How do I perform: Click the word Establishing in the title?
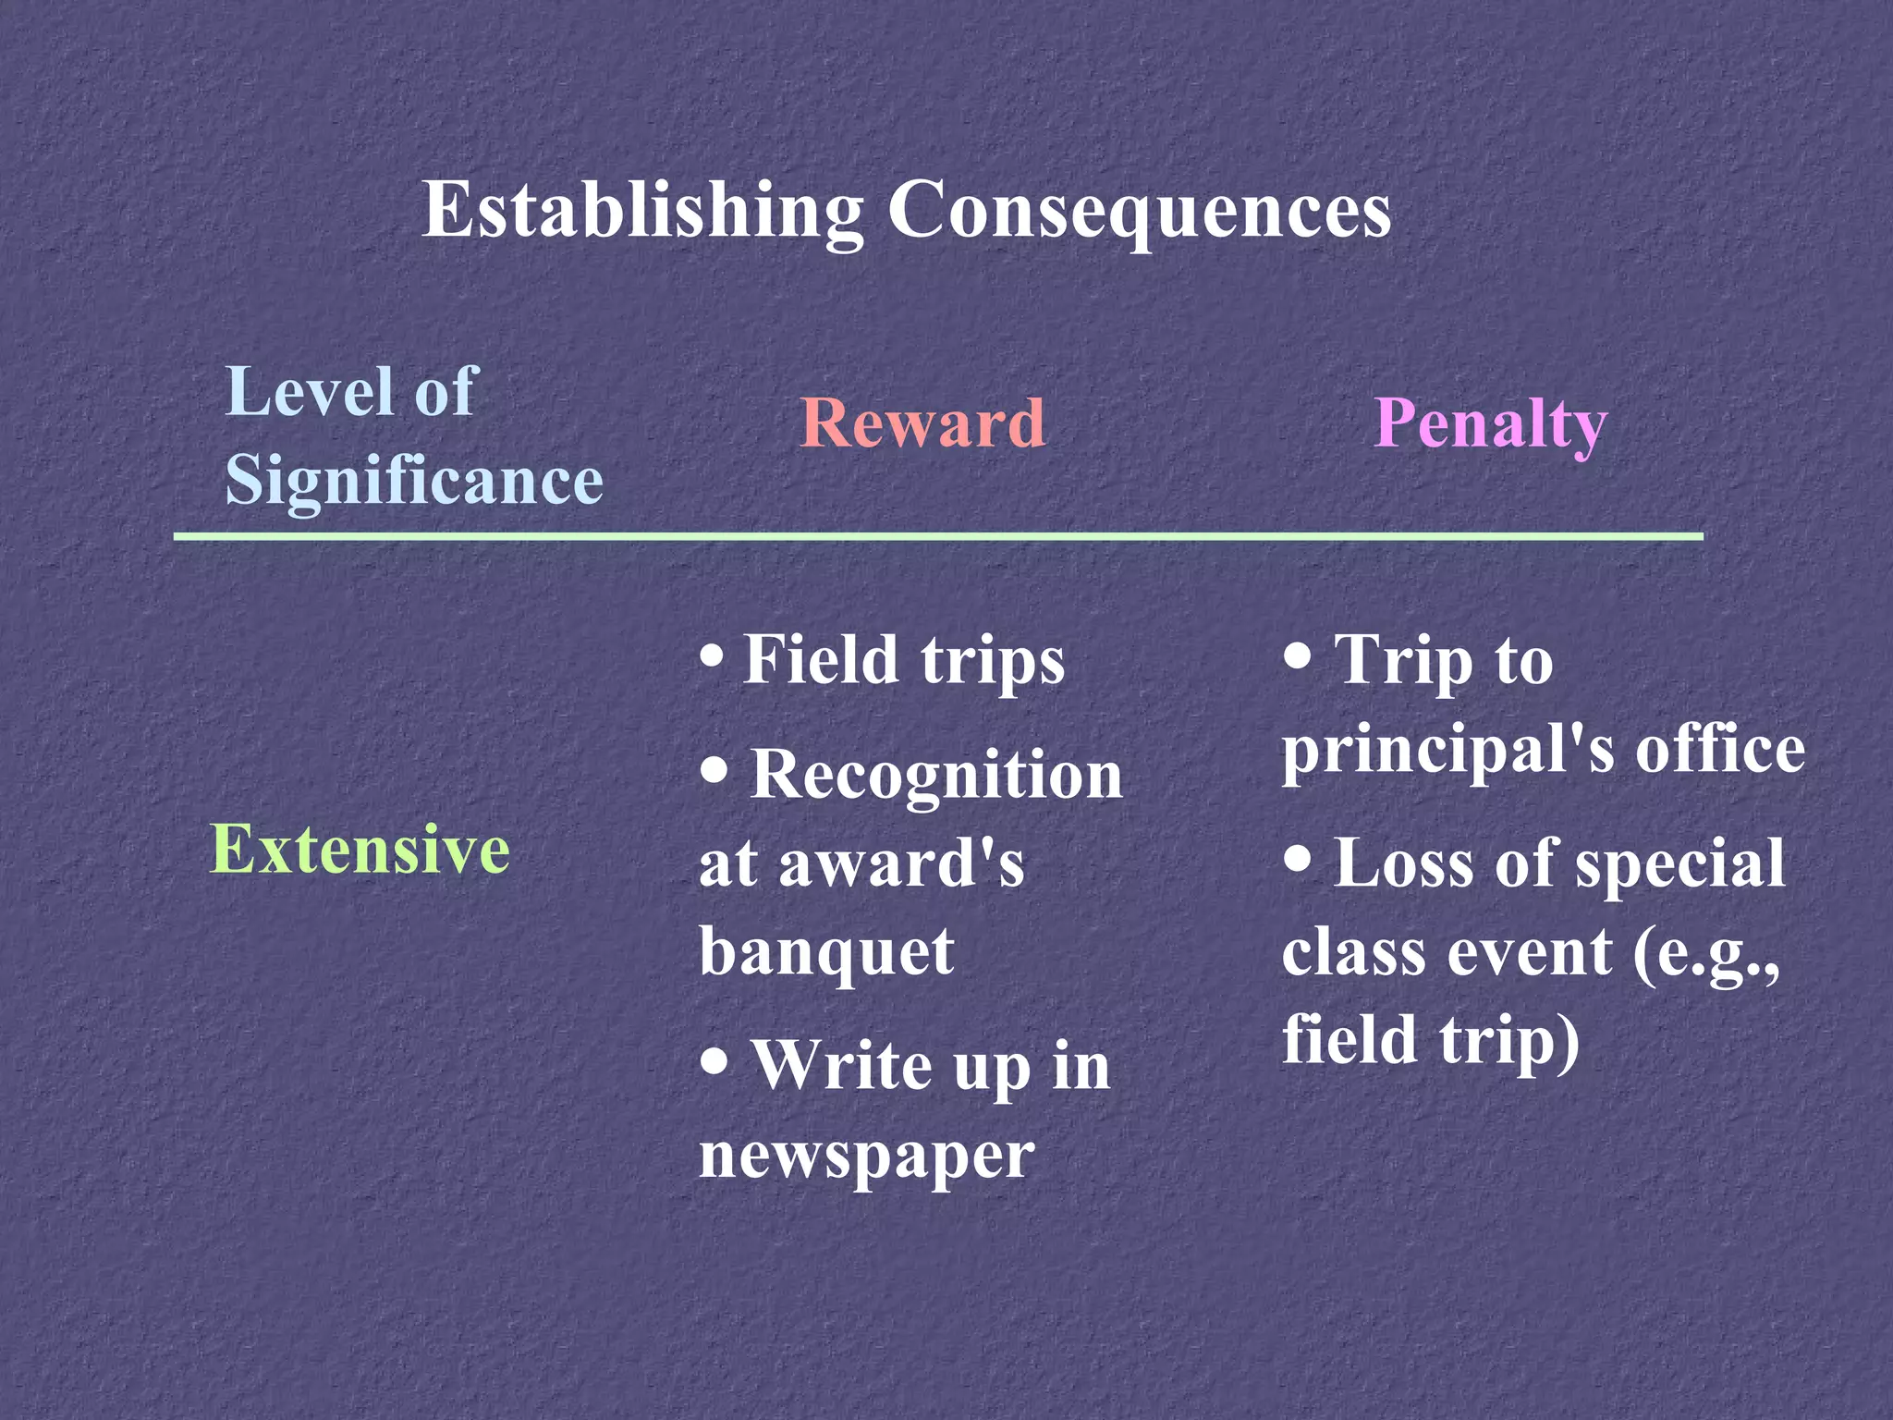pos(642,211)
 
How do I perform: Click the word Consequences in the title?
pos(1139,211)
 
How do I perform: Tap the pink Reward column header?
pos(922,423)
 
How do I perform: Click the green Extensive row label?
pos(360,849)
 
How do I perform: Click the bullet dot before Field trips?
pos(712,657)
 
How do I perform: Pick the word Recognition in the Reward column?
pos(936,774)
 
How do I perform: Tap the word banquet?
pos(826,952)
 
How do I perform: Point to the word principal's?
pos(1447,750)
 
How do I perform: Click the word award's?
pos(901,863)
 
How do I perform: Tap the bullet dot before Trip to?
pos(1298,657)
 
